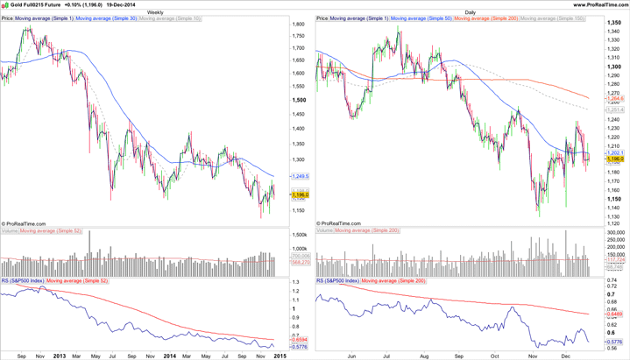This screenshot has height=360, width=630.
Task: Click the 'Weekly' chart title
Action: pos(155,12)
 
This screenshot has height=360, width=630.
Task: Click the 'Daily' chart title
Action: pos(471,12)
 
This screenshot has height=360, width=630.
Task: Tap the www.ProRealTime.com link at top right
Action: pos(601,4)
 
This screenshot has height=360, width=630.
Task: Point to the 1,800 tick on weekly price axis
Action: pos(298,25)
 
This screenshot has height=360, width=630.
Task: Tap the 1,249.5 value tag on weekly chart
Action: pos(300,176)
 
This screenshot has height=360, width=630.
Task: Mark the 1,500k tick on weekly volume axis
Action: pos(299,236)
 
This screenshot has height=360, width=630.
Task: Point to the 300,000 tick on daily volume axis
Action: pos(615,232)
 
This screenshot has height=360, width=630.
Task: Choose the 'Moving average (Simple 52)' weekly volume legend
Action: pos(50,230)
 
